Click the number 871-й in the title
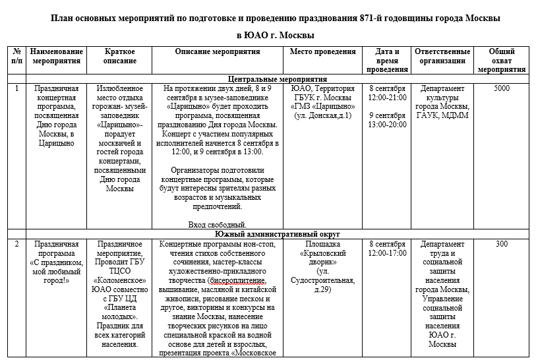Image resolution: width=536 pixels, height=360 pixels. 354,18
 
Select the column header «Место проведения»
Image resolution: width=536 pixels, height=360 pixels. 322,51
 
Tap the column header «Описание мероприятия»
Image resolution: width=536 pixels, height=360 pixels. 218,51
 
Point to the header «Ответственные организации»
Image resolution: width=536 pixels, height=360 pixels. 442,56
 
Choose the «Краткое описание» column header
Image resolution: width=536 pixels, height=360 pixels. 120,56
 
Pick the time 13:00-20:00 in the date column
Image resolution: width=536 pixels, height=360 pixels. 387,125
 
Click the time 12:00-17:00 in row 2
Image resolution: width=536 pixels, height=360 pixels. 387,253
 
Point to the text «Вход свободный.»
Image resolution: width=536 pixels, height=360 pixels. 217,225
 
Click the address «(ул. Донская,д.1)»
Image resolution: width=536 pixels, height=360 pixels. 322,115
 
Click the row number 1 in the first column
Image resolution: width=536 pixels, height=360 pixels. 16,88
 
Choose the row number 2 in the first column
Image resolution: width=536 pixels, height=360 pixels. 16,245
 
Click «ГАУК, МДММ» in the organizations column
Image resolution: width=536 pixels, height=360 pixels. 442,115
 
